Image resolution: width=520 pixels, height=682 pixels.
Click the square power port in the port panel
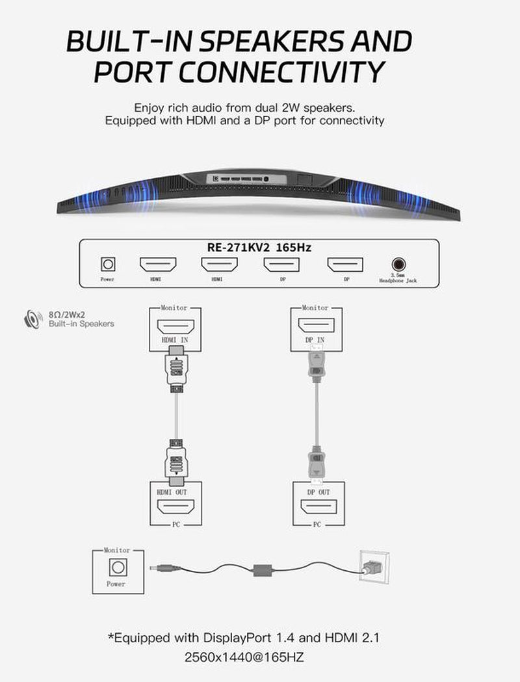[108, 265]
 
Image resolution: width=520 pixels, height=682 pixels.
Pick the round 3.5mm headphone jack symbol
[398, 265]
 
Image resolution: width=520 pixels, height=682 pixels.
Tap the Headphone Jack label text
[398, 280]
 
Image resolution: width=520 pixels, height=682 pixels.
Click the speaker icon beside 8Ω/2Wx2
[31, 319]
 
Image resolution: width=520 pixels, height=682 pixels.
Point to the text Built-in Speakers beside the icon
[81, 324]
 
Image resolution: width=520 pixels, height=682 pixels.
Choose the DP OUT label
[318, 492]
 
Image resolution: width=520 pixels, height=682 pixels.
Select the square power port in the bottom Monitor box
[117, 568]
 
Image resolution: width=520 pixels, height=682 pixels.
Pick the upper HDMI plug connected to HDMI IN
[176, 369]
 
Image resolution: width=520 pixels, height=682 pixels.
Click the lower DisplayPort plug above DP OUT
[317, 464]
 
